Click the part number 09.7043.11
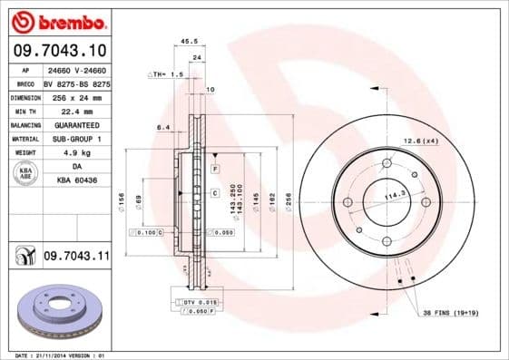[x=77, y=258]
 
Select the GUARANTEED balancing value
[x=75, y=124]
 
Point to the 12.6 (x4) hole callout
[x=421, y=141]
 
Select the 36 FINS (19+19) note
[x=450, y=312]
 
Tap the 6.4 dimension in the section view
[x=163, y=127]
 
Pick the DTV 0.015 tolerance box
[x=196, y=301]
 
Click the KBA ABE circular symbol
[x=27, y=174]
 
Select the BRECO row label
[x=24, y=82]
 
